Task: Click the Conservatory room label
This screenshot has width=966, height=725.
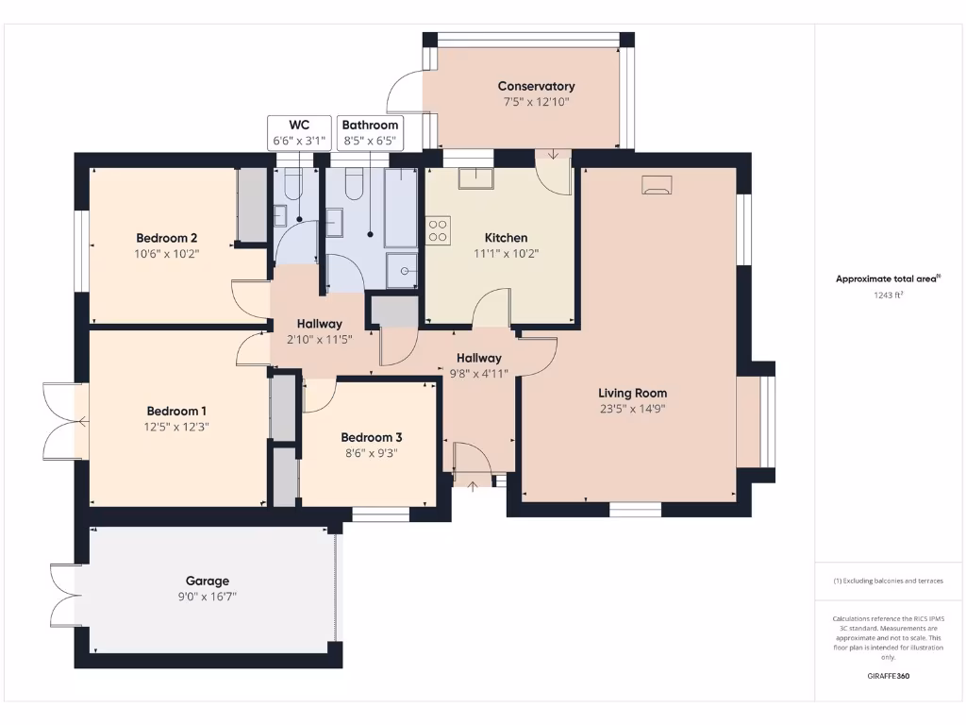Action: pyautogui.click(x=536, y=86)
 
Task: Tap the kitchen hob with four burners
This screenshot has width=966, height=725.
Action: pyautogui.click(x=438, y=230)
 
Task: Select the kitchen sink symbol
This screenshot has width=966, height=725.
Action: pyautogui.click(x=475, y=177)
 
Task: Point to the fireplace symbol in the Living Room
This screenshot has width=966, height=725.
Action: pyautogui.click(x=657, y=185)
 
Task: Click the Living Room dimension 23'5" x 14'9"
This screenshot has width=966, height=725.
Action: pyautogui.click(x=633, y=409)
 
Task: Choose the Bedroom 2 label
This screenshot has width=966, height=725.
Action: pyautogui.click(x=166, y=238)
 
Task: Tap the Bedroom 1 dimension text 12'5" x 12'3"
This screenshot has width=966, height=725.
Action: pyautogui.click(x=176, y=427)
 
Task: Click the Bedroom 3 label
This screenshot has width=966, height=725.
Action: pyautogui.click(x=372, y=437)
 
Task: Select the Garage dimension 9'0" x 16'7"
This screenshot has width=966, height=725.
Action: pyautogui.click(x=208, y=597)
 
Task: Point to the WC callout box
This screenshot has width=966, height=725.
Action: pyautogui.click(x=299, y=132)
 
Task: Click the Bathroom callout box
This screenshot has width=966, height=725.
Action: pyautogui.click(x=370, y=132)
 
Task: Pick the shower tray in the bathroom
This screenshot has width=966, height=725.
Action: pyautogui.click(x=402, y=270)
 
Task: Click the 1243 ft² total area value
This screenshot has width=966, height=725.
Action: pyautogui.click(x=889, y=295)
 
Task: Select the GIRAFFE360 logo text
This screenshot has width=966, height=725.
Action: pyautogui.click(x=889, y=676)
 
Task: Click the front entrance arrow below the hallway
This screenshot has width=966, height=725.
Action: pyautogui.click(x=473, y=486)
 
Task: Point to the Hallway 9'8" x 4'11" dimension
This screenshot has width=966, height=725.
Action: pyautogui.click(x=479, y=374)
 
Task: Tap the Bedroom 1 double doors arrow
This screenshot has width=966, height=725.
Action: pyautogui.click(x=82, y=422)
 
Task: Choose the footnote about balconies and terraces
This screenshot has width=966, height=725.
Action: pyautogui.click(x=889, y=581)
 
